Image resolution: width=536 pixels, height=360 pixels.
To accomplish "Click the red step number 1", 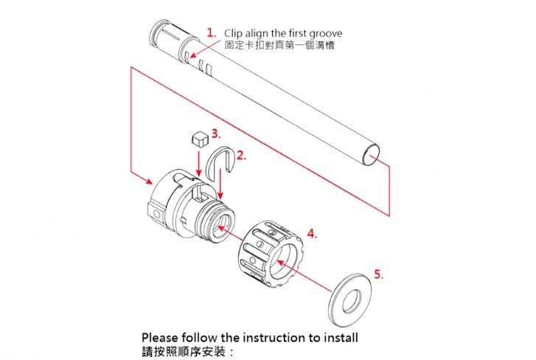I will click(x=211, y=33).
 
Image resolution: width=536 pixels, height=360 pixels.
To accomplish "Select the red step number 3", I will click(x=215, y=134).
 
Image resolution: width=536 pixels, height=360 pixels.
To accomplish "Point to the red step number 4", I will click(x=312, y=234).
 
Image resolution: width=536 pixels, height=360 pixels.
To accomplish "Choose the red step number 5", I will click(x=378, y=274).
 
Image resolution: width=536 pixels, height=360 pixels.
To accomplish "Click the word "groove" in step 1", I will click(x=324, y=33).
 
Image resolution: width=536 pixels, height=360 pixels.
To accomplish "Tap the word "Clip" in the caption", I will click(x=234, y=33).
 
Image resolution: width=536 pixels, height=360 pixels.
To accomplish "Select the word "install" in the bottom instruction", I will click(x=337, y=338).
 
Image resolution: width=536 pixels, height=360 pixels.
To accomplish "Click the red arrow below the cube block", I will click(x=198, y=163).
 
